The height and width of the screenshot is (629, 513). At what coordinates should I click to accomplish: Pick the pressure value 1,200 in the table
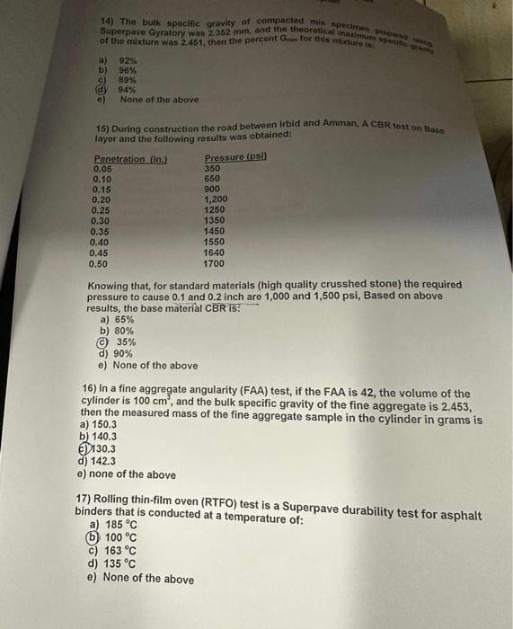(217, 199)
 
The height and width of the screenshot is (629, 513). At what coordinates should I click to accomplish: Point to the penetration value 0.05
(102, 169)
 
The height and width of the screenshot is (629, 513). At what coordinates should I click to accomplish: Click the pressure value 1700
(215, 264)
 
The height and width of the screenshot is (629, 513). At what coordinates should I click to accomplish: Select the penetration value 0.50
(100, 264)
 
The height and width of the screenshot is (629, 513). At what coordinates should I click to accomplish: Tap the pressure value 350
(212, 169)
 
